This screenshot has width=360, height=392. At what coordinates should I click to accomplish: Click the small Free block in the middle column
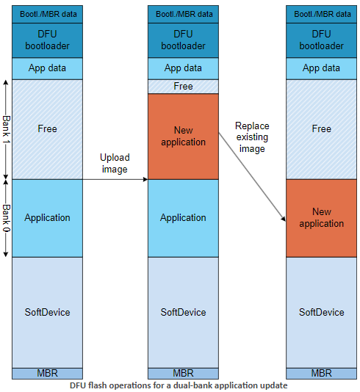tap(183, 87)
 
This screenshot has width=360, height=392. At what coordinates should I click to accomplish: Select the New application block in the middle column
tap(183, 136)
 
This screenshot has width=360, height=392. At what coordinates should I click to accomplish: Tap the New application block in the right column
tap(321, 217)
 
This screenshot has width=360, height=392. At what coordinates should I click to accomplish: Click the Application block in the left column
tap(47, 217)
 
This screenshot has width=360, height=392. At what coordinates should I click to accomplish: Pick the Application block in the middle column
tap(183, 217)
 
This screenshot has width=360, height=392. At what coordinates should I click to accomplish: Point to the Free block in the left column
tap(47, 128)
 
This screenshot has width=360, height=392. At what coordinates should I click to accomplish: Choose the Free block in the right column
tap(321, 128)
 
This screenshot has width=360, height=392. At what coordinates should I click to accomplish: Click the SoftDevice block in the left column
tap(47, 312)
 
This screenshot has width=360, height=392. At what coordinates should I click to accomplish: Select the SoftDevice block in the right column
tap(321, 312)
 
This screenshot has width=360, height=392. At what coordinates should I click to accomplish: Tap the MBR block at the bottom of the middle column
tap(183, 373)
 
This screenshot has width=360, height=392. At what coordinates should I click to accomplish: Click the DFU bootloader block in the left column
tap(47, 40)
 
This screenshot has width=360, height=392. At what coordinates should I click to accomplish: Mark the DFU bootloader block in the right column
tap(321, 40)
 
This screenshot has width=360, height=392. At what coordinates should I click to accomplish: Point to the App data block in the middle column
tap(183, 68)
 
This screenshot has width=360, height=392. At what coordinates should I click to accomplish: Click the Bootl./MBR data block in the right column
tap(321, 13)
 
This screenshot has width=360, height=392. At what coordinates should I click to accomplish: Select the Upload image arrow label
tap(115, 164)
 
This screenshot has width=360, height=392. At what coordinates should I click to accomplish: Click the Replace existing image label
tap(252, 137)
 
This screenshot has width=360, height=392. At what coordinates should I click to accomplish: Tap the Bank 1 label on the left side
tap(6, 128)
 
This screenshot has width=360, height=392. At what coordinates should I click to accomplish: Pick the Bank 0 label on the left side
tap(6, 217)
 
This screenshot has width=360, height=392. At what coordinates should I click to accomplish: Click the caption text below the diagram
tap(179, 385)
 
